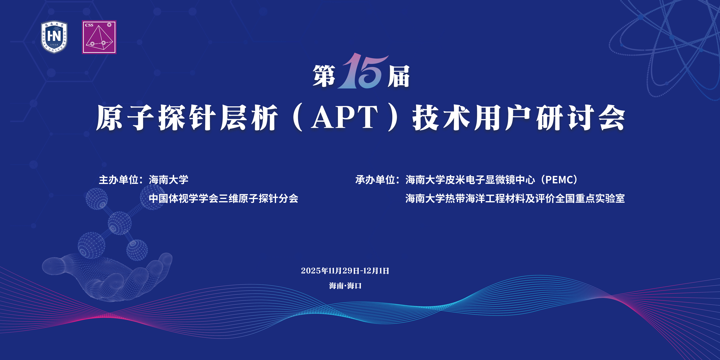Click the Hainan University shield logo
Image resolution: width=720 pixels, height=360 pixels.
[x=54, y=37]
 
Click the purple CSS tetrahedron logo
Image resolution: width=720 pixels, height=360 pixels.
[x=99, y=37]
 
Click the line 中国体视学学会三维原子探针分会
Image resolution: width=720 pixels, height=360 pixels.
[x=224, y=198]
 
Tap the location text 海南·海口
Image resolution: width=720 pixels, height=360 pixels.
[x=345, y=286]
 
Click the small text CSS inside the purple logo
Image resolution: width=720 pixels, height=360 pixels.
[x=89, y=25]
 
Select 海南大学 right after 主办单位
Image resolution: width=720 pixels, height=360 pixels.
[x=169, y=180]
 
